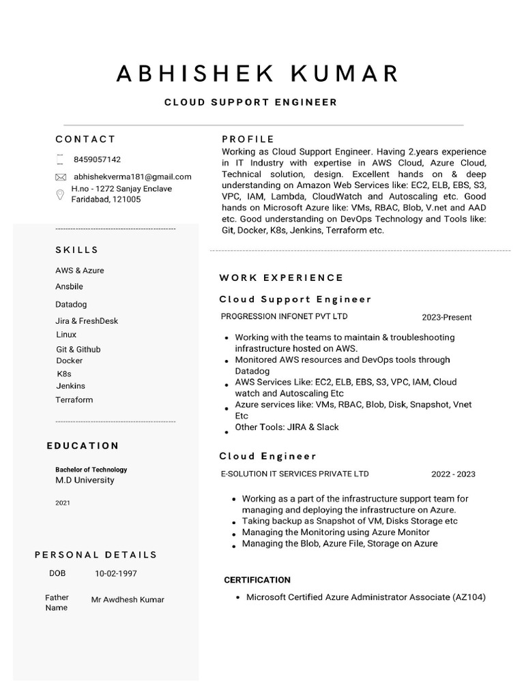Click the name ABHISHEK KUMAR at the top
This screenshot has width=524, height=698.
click(x=258, y=73)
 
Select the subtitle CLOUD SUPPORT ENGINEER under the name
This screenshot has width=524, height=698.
click(x=250, y=102)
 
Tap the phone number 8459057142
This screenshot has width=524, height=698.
click(x=97, y=160)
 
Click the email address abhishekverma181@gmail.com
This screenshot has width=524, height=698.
click(x=132, y=177)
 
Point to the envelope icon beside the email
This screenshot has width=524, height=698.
click(x=60, y=177)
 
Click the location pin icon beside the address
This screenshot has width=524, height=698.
click(x=60, y=195)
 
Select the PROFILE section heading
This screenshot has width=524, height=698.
click(x=248, y=139)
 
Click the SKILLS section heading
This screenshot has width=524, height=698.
click(x=77, y=250)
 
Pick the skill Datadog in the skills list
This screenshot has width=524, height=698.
click(x=71, y=305)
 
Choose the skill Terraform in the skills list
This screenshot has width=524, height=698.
click(x=74, y=400)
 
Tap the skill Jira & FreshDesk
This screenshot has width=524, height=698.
click(x=87, y=321)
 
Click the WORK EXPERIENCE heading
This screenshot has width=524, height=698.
click(x=281, y=278)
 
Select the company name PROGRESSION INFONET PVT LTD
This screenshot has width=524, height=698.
click(x=284, y=316)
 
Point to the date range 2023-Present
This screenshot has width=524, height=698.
click(x=446, y=318)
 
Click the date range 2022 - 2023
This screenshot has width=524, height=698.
click(x=453, y=474)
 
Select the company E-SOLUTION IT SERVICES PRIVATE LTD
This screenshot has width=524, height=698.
click(x=295, y=474)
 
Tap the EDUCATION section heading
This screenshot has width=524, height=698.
click(x=83, y=446)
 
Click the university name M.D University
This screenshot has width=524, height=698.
click(x=85, y=481)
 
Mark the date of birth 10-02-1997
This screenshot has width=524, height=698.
click(x=115, y=574)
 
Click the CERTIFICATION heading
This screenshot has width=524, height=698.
click(x=257, y=580)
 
